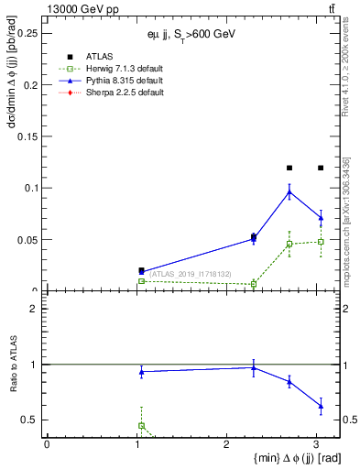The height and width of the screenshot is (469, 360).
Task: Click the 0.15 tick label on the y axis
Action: [x=27, y=136]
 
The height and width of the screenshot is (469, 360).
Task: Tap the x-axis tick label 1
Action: [x=136, y=445]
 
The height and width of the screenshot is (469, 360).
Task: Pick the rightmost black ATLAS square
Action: [x=321, y=168]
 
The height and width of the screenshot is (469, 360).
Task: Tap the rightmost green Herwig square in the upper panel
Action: [x=321, y=242]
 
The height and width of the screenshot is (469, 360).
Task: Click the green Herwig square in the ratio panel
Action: [x=141, y=426]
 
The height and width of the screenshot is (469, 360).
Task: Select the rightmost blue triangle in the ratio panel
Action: [x=321, y=406]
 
